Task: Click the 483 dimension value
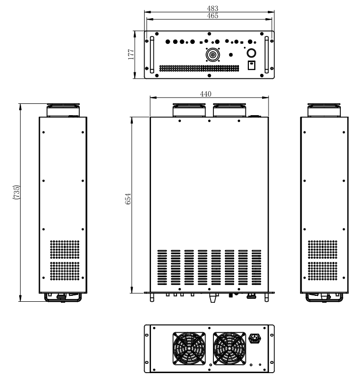point(212,8)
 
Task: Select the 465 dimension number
point(212,16)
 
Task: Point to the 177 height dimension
point(131,54)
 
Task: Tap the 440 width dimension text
point(206,94)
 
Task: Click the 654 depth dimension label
point(128,199)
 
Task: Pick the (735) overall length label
point(16,192)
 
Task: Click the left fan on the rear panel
point(189,349)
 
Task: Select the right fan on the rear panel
point(229,349)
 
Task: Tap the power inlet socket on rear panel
point(255,339)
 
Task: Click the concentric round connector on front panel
point(212,55)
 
